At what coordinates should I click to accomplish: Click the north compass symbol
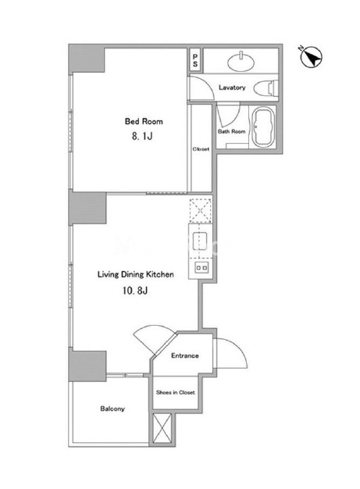click(x=311, y=57)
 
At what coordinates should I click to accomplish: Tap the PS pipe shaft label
click(x=195, y=60)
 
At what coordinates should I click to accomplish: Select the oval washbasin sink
click(x=241, y=61)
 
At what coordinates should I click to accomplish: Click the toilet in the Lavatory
click(x=266, y=88)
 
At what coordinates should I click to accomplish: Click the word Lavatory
click(x=232, y=87)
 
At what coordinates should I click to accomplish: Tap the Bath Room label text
click(x=232, y=131)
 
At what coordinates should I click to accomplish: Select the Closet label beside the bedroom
click(x=201, y=149)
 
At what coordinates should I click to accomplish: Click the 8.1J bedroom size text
click(x=142, y=136)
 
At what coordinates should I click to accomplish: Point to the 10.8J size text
click(x=135, y=291)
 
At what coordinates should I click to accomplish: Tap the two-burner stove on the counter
click(x=201, y=268)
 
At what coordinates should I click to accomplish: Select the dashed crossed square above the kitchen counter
click(x=201, y=210)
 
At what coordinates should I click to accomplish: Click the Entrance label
click(x=185, y=355)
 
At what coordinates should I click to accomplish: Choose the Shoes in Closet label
click(x=176, y=392)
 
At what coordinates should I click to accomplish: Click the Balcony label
click(x=112, y=409)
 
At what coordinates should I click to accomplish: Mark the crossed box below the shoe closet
click(x=162, y=428)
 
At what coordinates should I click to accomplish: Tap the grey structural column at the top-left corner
click(x=87, y=59)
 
